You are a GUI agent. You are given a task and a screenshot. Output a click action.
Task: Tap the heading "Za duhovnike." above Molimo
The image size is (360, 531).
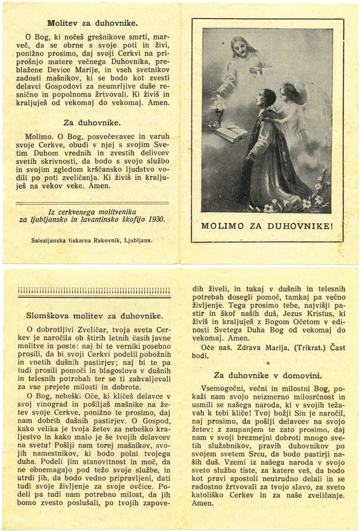point(92,122)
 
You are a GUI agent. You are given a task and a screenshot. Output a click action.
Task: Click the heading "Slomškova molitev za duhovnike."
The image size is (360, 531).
point(94,316)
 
